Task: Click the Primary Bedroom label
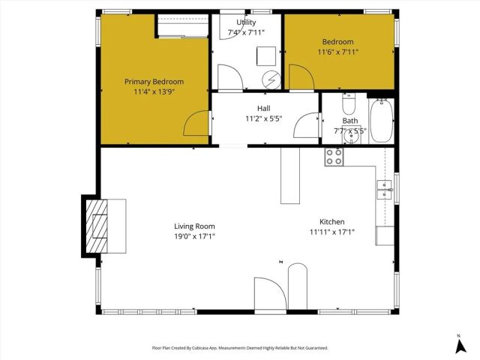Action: pos(154,82)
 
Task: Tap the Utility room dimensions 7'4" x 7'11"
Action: pos(247,33)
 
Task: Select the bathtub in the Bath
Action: pos(381,119)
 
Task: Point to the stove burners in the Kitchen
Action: pos(334,157)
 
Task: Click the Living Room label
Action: pos(194,226)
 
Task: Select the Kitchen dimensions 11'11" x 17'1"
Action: pos(331,232)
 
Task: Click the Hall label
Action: pos(263,109)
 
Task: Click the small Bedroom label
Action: pos(338,42)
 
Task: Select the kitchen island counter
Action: pos(290,175)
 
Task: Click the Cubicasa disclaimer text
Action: pos(240,348)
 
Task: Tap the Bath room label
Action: pos(350,121)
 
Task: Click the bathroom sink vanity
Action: pos(349,139)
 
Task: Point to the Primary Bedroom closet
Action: pos(182,28)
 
